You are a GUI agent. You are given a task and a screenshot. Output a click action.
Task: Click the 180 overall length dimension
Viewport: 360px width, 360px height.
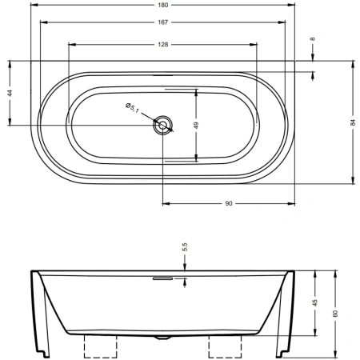click(x=162, y=5)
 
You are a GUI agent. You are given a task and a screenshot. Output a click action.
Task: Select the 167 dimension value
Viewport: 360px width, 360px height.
click(x=162, y=22)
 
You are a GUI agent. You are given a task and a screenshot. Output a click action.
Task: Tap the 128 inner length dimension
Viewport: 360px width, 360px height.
click(x=162, y=45)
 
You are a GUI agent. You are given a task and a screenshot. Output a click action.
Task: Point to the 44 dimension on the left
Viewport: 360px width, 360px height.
click(x=10, y=93)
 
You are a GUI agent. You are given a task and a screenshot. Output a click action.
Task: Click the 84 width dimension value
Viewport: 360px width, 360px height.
click(x=353, y=122)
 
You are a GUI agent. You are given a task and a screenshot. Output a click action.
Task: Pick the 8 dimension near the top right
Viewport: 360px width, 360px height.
click(x=313, y=39)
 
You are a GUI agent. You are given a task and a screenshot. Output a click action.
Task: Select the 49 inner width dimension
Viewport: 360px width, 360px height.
click(x=196, y=125)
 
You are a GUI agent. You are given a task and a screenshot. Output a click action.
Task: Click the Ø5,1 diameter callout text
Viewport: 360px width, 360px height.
click(x=133, y=108)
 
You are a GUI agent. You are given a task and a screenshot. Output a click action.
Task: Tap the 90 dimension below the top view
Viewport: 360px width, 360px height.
click(x=229, y=204)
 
